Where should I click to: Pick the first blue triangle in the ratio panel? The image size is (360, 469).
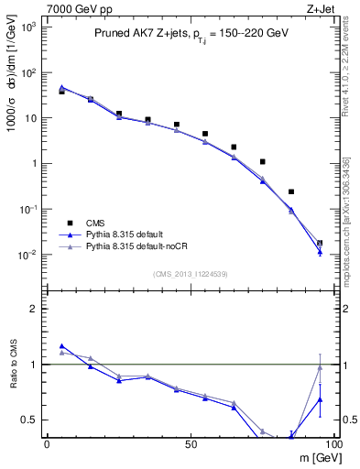[61, 346]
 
